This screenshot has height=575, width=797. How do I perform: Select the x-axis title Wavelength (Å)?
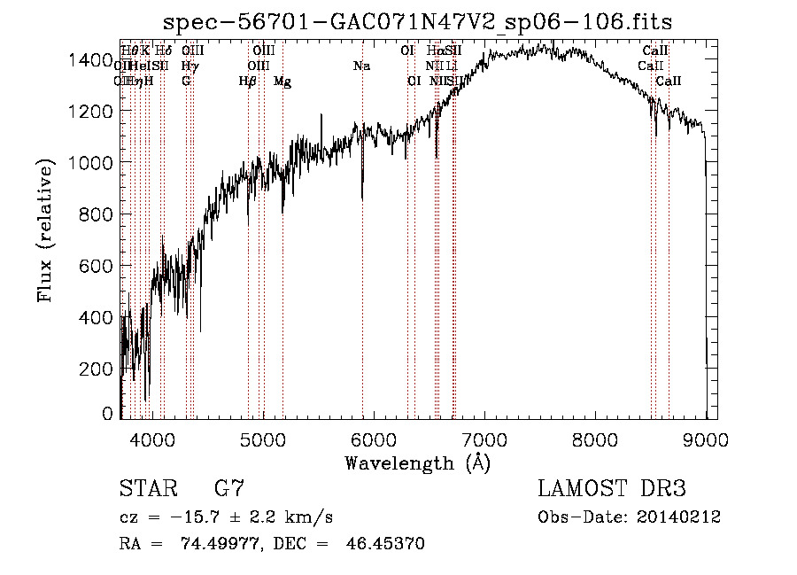[417, 462]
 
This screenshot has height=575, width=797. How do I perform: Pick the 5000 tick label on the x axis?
[262, 438]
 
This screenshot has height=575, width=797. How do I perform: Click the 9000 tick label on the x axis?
[706, 438]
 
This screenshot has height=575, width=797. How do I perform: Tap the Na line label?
[361, 66]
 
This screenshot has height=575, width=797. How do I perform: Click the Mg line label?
[282, 82]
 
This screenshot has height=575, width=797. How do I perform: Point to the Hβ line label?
[248, 82]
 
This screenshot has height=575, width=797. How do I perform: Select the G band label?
[186, 82]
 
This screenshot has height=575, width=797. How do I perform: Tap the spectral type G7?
[229, 488]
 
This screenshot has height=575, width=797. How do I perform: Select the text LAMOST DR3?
[612, 488]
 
